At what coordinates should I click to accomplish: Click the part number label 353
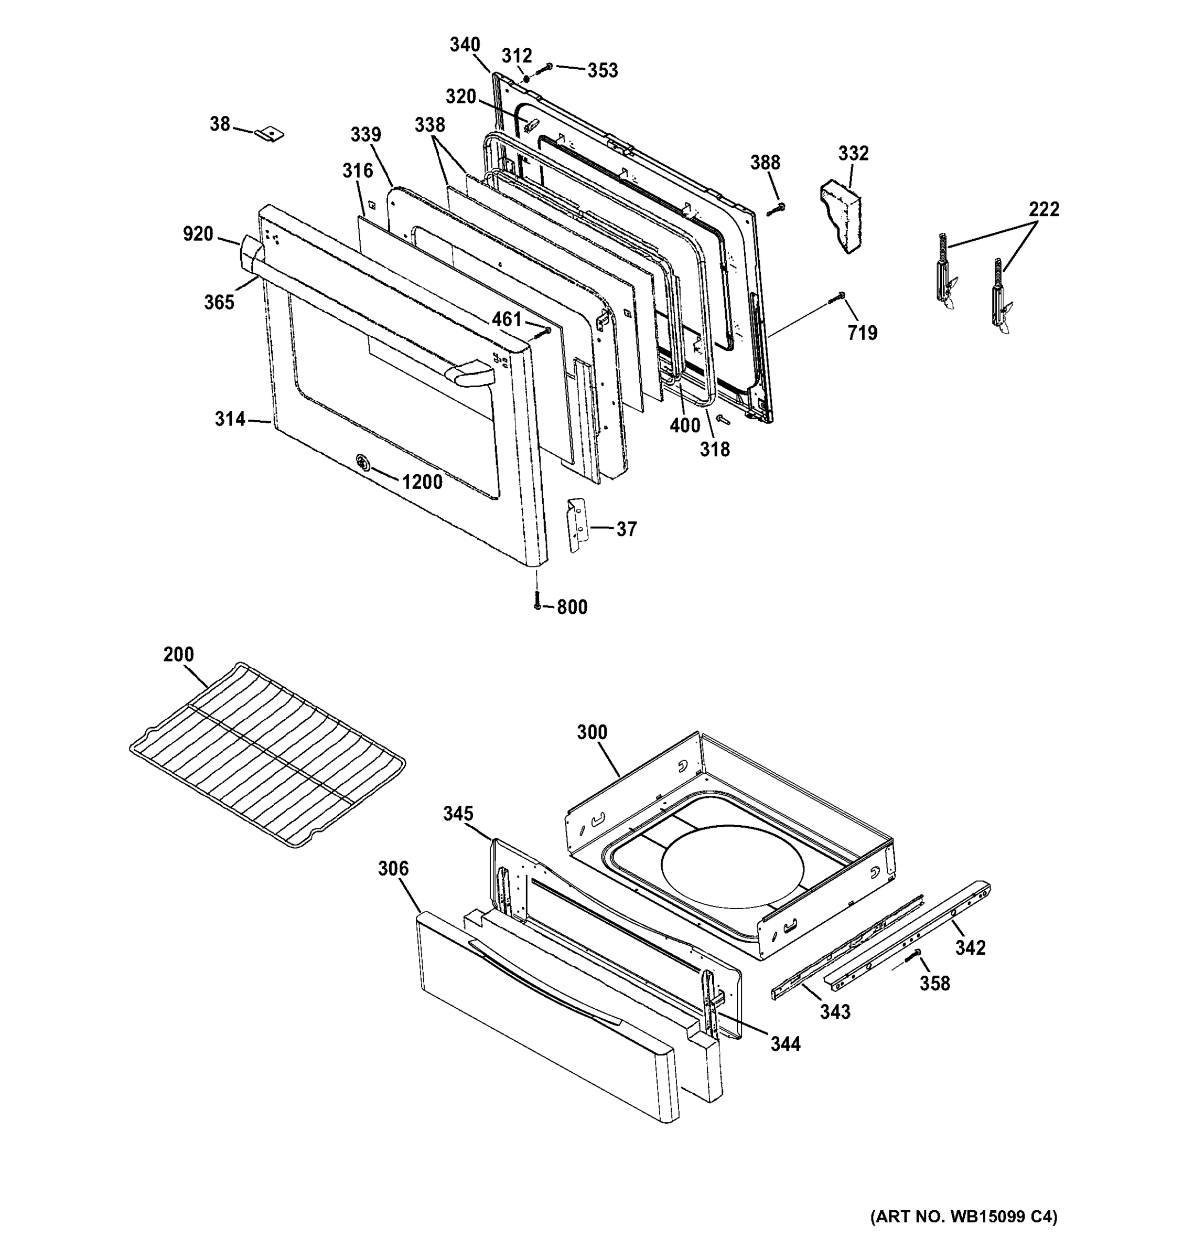click(602, 70)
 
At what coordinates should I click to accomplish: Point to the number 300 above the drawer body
click(592, 732)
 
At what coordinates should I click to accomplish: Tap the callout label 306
click(393, 868)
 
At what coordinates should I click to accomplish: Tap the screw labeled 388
click(776, 208)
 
